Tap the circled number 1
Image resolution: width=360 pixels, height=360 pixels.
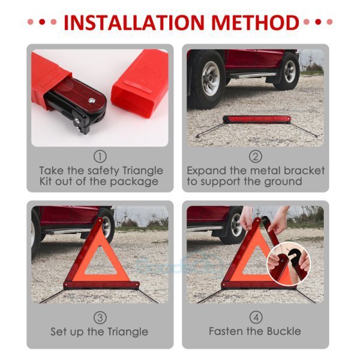(x=100, y=156)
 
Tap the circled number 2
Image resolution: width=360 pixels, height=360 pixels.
(x=256, y=156)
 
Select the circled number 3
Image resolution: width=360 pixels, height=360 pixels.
(x=100, y=317)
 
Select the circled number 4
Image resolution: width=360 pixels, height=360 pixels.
(x=256, y=317)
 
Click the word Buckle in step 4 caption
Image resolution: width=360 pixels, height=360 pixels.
(x=282, y=331)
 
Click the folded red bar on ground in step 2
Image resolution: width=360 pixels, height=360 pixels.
(x=256, y=119)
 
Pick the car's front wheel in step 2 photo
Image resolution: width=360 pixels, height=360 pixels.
(x=205, y=77)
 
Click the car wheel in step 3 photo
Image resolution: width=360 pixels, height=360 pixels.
(x=106, y=224)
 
